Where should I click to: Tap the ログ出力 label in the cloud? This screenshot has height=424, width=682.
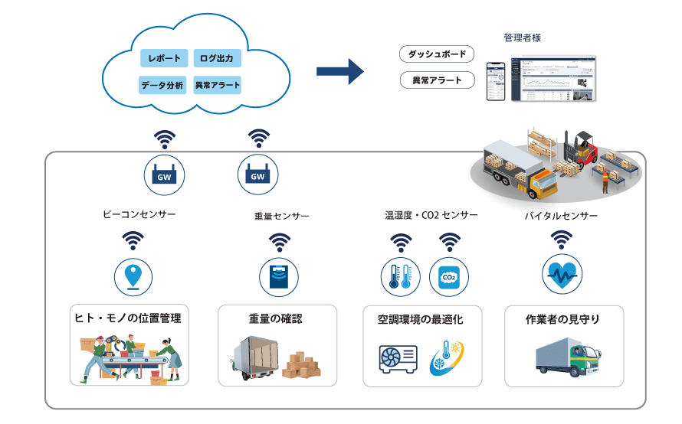click(218, 59)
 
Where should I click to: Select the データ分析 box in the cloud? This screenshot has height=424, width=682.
click(162, 85)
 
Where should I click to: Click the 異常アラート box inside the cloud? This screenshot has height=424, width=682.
click(218, 85)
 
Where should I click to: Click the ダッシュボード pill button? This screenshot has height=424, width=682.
click(438, 54)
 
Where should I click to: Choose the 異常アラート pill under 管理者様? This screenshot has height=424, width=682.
click(438, 80)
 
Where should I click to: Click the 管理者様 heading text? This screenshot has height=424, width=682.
click(523, 37)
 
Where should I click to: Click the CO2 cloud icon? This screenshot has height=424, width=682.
click(449, 276)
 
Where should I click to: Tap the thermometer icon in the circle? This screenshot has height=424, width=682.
click(401, 276)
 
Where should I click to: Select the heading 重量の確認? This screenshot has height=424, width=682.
click(275, 318)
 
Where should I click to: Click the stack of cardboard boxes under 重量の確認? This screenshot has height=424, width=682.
click(301, 365)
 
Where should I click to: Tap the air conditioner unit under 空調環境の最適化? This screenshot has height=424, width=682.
click(399, 358)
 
